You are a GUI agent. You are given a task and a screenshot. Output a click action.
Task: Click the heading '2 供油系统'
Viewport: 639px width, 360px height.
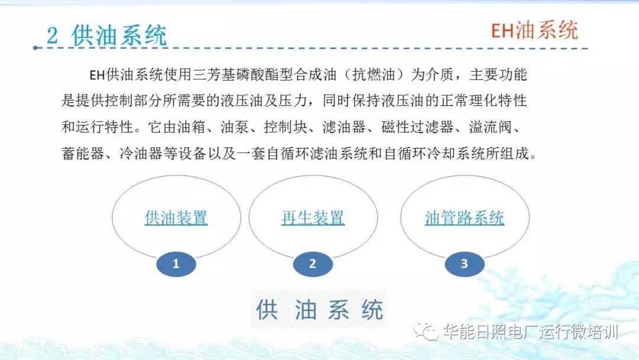pyautogui.click(x=107, y=36)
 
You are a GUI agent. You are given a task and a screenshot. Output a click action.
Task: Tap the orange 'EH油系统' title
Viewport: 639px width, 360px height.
pyautogui.click(x=534, y=30)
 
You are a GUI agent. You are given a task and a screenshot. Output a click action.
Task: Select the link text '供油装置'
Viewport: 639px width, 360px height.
pyautogui.click(x=176, y=218)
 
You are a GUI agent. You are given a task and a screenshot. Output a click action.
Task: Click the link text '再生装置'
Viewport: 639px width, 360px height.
pyautogui.click(x=312, y=218)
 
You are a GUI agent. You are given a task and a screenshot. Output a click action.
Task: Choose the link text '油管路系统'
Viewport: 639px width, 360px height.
pyautogui.click(x=464, y=218)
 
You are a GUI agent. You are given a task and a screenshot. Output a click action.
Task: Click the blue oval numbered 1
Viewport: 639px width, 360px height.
pyautogui.click(x=176, y=264)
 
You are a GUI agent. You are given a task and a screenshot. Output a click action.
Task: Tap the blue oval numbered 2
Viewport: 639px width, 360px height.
pyautogui.click(x=312, y=264)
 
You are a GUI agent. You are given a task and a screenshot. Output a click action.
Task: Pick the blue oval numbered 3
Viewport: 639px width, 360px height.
pyautogui.click(x=464, y=264)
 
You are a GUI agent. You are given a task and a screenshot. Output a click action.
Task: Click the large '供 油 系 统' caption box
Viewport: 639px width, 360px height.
pyautogui.click(x=319, y=310)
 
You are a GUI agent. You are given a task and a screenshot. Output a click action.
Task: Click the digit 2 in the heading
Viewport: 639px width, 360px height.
pyautogui.click(x=53, y=37)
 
